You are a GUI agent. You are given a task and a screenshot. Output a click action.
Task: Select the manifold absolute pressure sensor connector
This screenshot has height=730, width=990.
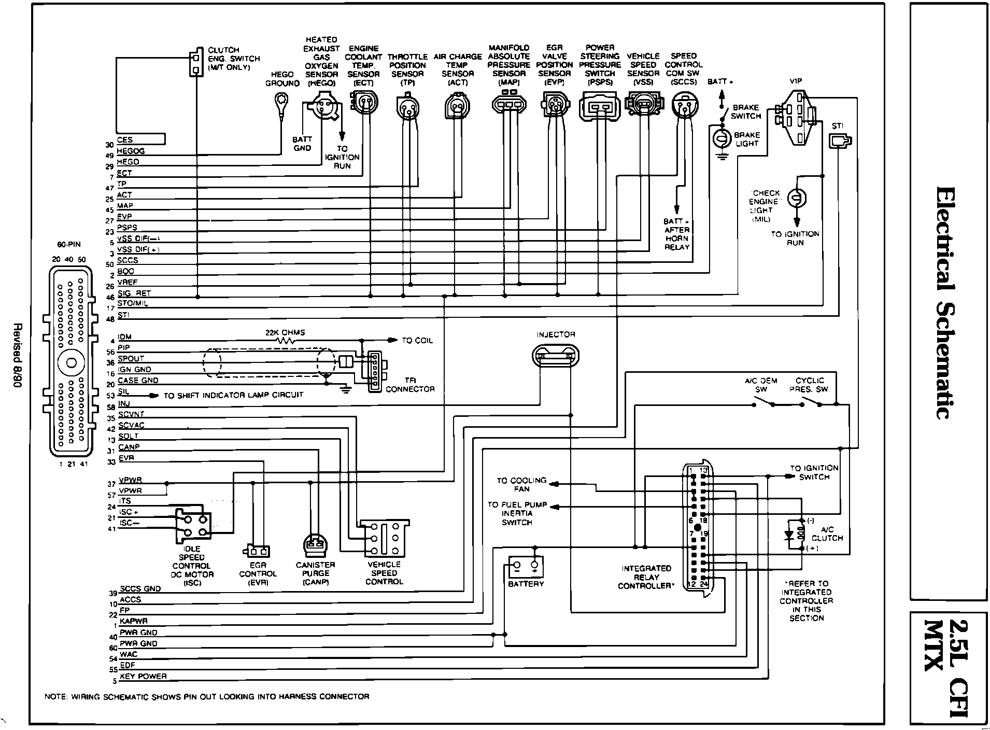[508, 104]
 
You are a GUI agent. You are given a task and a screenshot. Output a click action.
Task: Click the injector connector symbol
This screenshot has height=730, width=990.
[555, 356]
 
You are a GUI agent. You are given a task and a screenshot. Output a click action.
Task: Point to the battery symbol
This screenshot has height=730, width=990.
[526, 566]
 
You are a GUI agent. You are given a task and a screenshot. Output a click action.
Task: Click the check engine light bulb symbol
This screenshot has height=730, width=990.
[797, 198]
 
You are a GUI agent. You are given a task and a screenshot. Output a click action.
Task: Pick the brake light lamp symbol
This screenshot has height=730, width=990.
[722, 138]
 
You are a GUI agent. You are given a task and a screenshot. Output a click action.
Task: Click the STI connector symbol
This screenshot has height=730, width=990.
[840, 141]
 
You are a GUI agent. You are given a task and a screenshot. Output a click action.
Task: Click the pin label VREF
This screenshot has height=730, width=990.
[128, 283]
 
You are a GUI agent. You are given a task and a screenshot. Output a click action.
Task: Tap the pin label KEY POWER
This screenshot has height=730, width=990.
[143, 676]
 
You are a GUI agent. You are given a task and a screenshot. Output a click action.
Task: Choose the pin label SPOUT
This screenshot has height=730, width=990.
[131, 358]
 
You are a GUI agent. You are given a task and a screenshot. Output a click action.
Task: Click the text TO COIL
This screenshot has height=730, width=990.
[417, 341]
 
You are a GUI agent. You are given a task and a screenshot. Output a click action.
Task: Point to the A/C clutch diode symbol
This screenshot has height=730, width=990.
[790, 535]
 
